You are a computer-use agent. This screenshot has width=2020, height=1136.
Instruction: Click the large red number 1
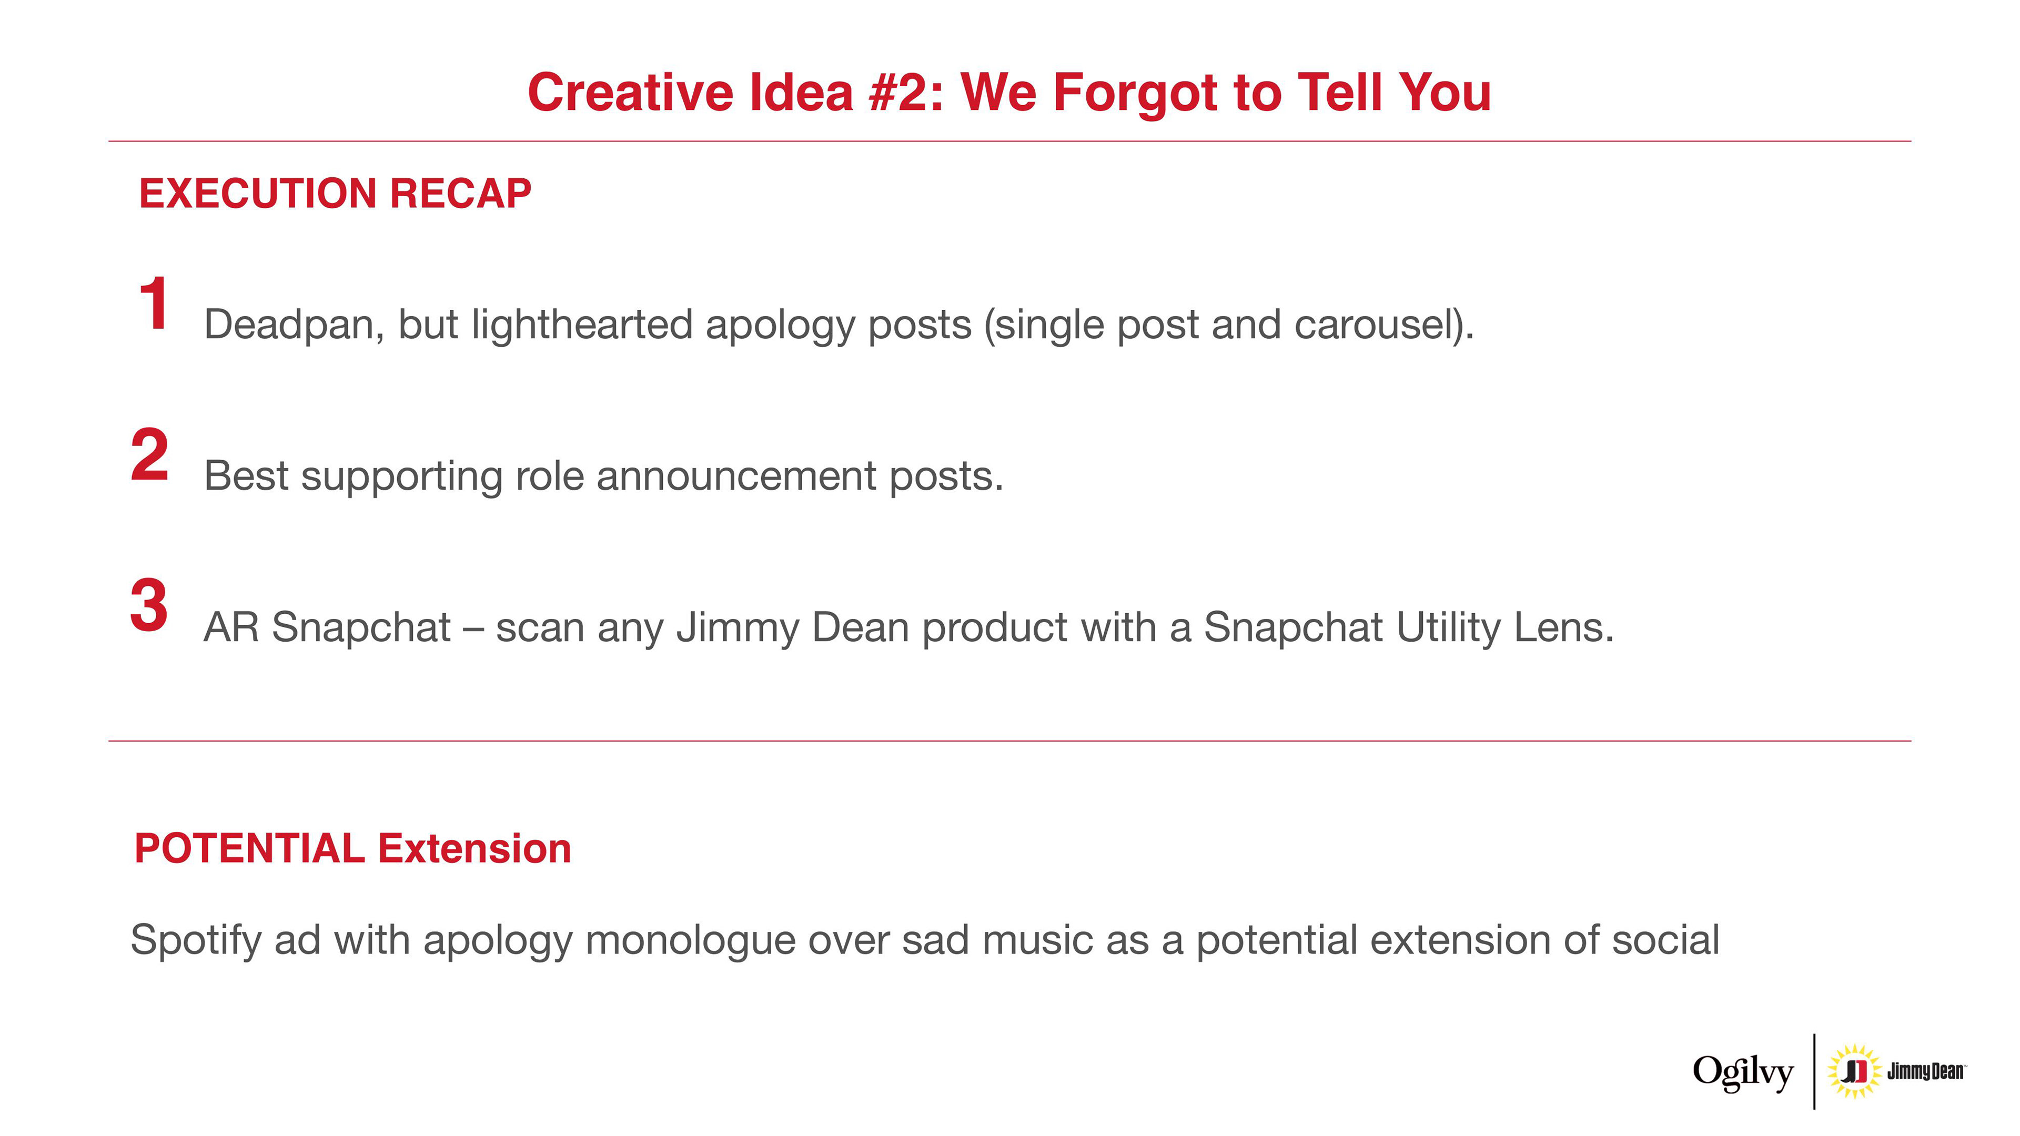154,303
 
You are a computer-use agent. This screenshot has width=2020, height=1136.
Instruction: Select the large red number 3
149,605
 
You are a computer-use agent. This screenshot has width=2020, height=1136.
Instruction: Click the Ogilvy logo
1742,1072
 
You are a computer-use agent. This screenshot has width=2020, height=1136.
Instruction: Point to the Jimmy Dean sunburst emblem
1854,1071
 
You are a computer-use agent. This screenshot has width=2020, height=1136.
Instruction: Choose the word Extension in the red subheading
474,848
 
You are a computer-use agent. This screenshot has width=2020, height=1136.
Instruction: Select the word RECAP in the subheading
460,194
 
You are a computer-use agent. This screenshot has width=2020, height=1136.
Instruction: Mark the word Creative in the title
631,93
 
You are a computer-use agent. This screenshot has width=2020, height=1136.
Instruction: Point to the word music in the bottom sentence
1037,940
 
